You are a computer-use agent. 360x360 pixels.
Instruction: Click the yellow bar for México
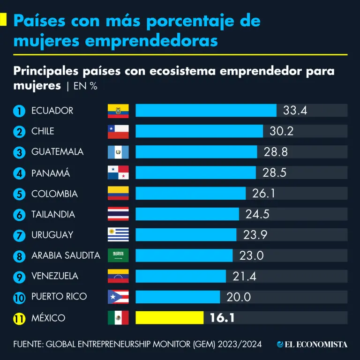(169, 318)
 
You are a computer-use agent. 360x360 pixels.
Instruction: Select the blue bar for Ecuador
(206, 111)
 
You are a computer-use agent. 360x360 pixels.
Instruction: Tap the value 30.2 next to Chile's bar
(281, 131)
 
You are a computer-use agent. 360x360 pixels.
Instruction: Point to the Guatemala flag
(118, 152)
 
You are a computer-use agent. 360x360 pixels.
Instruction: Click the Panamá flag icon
(118, 172)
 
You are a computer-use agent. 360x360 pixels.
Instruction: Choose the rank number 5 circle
(19, 194)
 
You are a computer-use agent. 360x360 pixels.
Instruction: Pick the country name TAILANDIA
(53, 214)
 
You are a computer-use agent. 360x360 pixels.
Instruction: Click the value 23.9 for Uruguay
(255, 235)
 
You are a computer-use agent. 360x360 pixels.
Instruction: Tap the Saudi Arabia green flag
(118, 255)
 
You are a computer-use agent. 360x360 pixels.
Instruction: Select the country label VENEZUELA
(55, 276)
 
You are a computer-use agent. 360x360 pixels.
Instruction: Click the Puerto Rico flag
(118, 297)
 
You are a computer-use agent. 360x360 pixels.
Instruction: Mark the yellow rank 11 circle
(19, 318)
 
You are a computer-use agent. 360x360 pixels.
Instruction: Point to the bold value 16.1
(222, 318)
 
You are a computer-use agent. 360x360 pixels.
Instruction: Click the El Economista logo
(312, 345)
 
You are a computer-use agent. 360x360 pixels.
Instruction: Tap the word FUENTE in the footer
(27, 345)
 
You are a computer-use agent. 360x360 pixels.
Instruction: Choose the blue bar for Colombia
(190, 194)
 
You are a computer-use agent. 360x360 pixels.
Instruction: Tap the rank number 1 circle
(19, 111)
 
